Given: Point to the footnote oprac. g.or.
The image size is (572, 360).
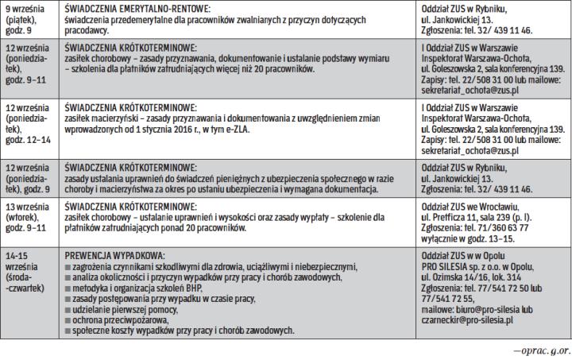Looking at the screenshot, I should (x=540, y=348).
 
